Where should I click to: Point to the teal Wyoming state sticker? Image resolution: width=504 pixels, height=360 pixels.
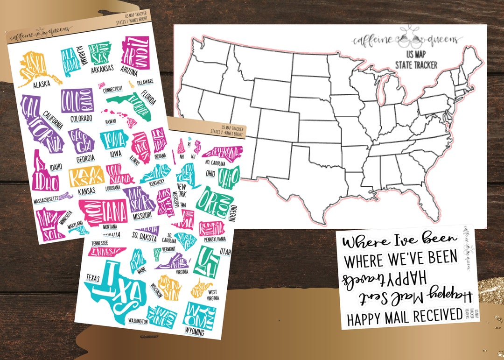coord(200,315)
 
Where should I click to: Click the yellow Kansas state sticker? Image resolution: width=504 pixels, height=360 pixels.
coord(86,177)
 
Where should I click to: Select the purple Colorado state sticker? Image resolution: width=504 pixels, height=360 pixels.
coord(77,100)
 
